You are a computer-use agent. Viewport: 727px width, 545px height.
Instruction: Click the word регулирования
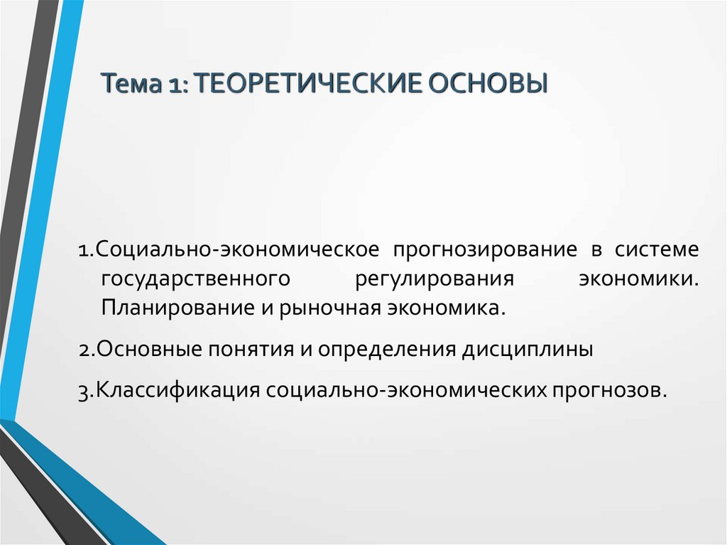click(x=432, y=279)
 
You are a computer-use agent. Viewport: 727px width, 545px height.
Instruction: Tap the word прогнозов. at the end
click(x=613, y=391)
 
